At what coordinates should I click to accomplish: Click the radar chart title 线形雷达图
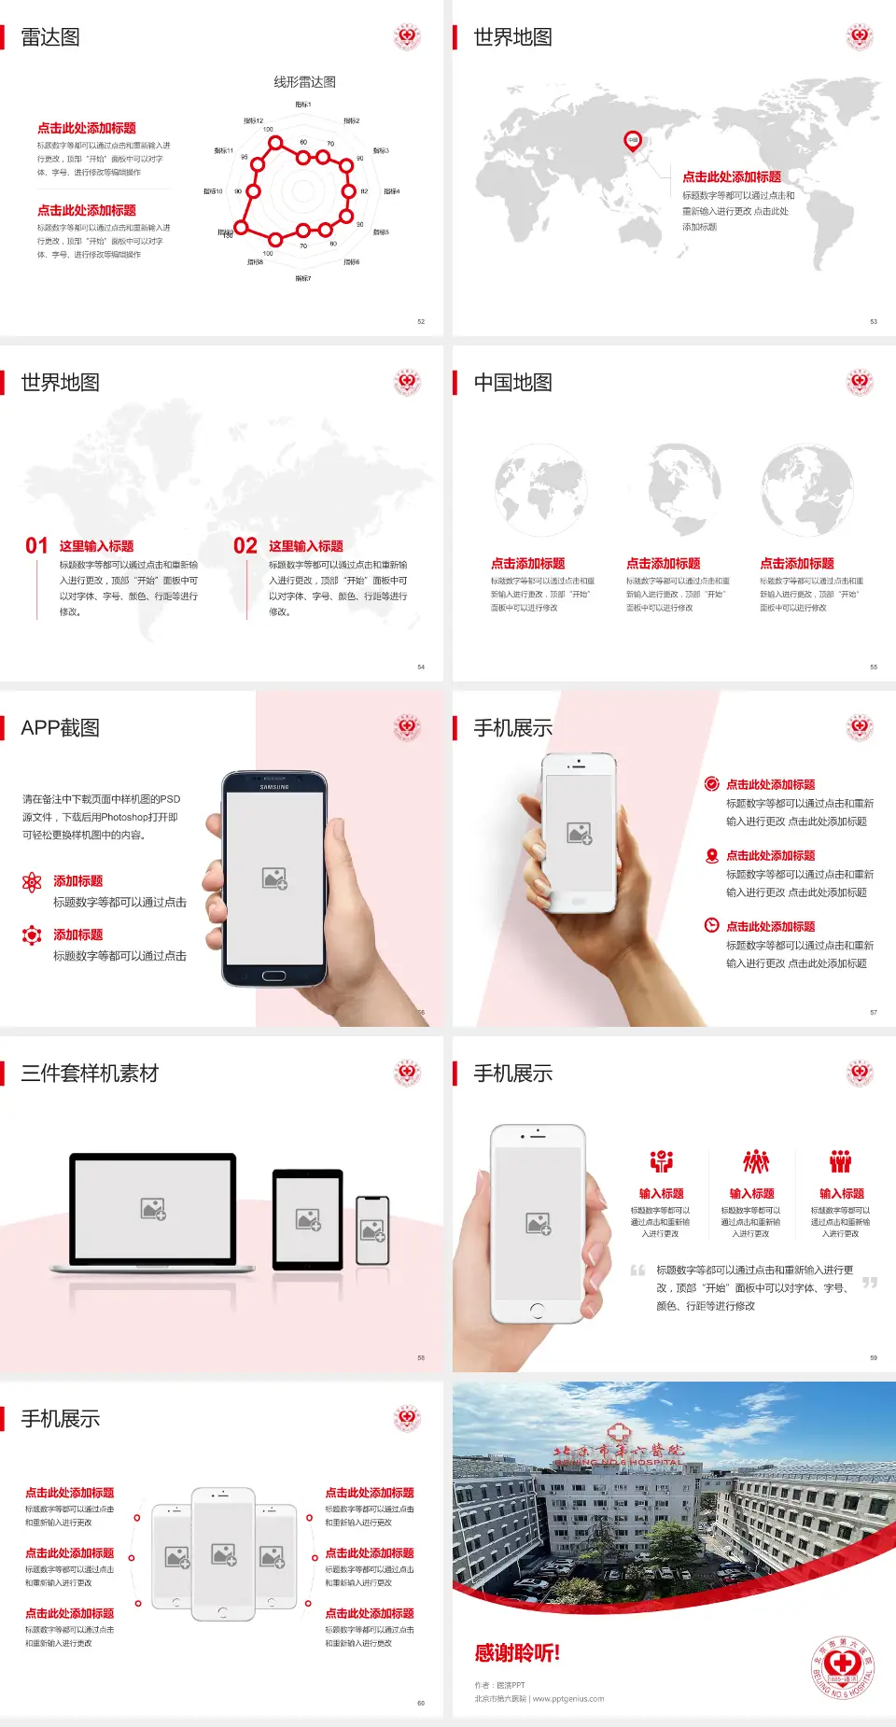304,82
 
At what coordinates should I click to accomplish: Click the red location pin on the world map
633,141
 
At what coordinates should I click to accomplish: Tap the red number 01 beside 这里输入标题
36,546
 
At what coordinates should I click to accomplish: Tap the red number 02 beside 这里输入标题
245,546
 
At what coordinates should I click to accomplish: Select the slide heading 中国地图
512,383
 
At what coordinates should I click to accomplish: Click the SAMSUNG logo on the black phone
274,787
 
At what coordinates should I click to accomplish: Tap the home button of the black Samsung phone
273,976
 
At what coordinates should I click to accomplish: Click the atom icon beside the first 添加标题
32,882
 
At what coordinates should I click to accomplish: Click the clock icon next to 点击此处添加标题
711,925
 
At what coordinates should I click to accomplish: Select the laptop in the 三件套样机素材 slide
153,1212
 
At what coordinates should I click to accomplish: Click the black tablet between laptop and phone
307,1219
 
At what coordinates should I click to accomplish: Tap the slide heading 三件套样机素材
90,1074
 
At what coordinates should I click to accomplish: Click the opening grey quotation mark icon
637,1271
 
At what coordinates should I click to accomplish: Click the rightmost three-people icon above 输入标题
841,1161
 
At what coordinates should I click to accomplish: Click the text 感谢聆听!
517,1653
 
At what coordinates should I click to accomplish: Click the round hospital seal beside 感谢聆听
842,1666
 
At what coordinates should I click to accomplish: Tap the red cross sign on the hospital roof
618,1433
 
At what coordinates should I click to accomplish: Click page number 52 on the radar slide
421,321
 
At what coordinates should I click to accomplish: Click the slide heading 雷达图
50,37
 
